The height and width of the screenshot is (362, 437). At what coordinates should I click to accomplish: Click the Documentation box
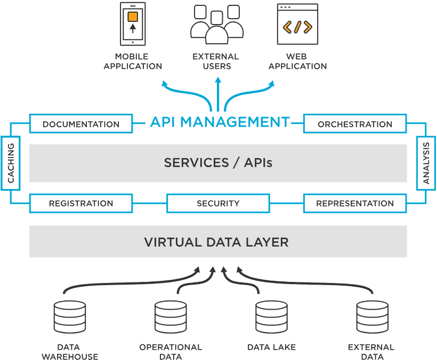(81, 124)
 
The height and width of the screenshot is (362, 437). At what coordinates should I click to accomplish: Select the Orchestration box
(355, 124)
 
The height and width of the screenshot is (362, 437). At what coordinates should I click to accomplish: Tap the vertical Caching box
(11, 163)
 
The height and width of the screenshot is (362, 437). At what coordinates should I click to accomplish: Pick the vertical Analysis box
(426, 163)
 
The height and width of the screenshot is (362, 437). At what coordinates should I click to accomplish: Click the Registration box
(81, 203)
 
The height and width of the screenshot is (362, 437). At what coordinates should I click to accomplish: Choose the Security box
(218, 203)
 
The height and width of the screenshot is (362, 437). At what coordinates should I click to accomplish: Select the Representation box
(355, 203)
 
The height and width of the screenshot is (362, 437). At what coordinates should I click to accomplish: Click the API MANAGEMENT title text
(220, 122)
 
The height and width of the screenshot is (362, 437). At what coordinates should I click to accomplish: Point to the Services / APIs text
(218, 163)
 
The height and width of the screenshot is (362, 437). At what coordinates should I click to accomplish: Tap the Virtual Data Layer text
(216, 242)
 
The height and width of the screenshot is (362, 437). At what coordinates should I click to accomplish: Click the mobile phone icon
(133, 24)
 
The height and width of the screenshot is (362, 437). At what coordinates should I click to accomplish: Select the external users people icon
(216, 25)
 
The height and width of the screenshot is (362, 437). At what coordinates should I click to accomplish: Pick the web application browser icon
(297, 24)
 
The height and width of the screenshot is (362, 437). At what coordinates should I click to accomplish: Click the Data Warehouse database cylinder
(70, 317)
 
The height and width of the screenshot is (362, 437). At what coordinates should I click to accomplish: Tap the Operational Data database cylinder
(171, 317)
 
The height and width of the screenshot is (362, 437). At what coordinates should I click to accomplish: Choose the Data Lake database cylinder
(271, 317)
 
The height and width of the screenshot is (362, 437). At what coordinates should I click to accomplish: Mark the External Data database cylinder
(371, 317)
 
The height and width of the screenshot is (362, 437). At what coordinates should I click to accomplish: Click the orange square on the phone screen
(133, 17)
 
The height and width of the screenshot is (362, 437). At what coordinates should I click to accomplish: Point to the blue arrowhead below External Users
(217, 81)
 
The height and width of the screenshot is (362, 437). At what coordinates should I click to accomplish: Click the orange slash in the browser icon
(297, 27)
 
